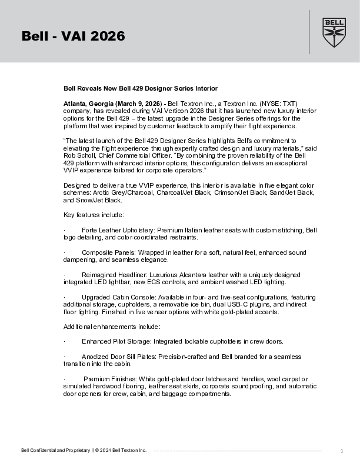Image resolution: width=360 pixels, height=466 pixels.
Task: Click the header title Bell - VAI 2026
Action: [73, 36]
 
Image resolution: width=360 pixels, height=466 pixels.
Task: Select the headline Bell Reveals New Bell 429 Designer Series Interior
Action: [141, 88]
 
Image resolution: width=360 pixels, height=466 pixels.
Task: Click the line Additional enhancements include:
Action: [111, 327]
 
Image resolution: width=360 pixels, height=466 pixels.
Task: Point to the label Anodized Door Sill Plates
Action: [119, 357]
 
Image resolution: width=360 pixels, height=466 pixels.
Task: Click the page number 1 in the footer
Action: [342, 451]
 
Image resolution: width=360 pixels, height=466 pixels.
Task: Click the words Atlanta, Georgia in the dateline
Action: [88, 103]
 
